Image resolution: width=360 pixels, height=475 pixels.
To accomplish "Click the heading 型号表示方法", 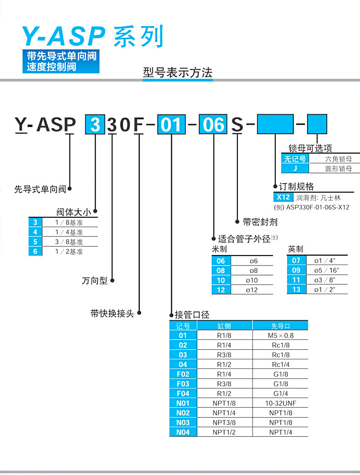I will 178,72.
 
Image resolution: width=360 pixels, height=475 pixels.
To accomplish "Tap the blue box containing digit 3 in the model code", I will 95,124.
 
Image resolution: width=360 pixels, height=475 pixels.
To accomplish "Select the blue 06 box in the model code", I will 214,124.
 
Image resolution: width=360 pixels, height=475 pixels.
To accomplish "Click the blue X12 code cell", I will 283,198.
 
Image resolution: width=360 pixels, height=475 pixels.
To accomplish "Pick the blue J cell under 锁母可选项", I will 295,169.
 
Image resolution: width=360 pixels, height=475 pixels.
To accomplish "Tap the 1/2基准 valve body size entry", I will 69,251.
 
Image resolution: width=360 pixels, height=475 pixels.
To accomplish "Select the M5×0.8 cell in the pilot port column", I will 281,336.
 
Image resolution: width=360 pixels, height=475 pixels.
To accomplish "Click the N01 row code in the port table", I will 183,403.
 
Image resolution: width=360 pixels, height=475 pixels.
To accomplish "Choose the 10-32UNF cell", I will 281,403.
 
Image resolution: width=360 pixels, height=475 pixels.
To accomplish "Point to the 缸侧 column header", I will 224,326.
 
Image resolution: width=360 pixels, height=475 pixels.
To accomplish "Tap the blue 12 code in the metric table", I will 221,290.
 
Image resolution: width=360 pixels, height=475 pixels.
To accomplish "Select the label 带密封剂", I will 260,222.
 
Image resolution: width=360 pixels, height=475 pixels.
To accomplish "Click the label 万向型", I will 95,281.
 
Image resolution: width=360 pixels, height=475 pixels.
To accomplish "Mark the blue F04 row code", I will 183,393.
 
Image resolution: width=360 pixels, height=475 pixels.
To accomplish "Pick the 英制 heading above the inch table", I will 295,249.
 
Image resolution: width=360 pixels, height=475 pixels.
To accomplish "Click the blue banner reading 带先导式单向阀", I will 62,56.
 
